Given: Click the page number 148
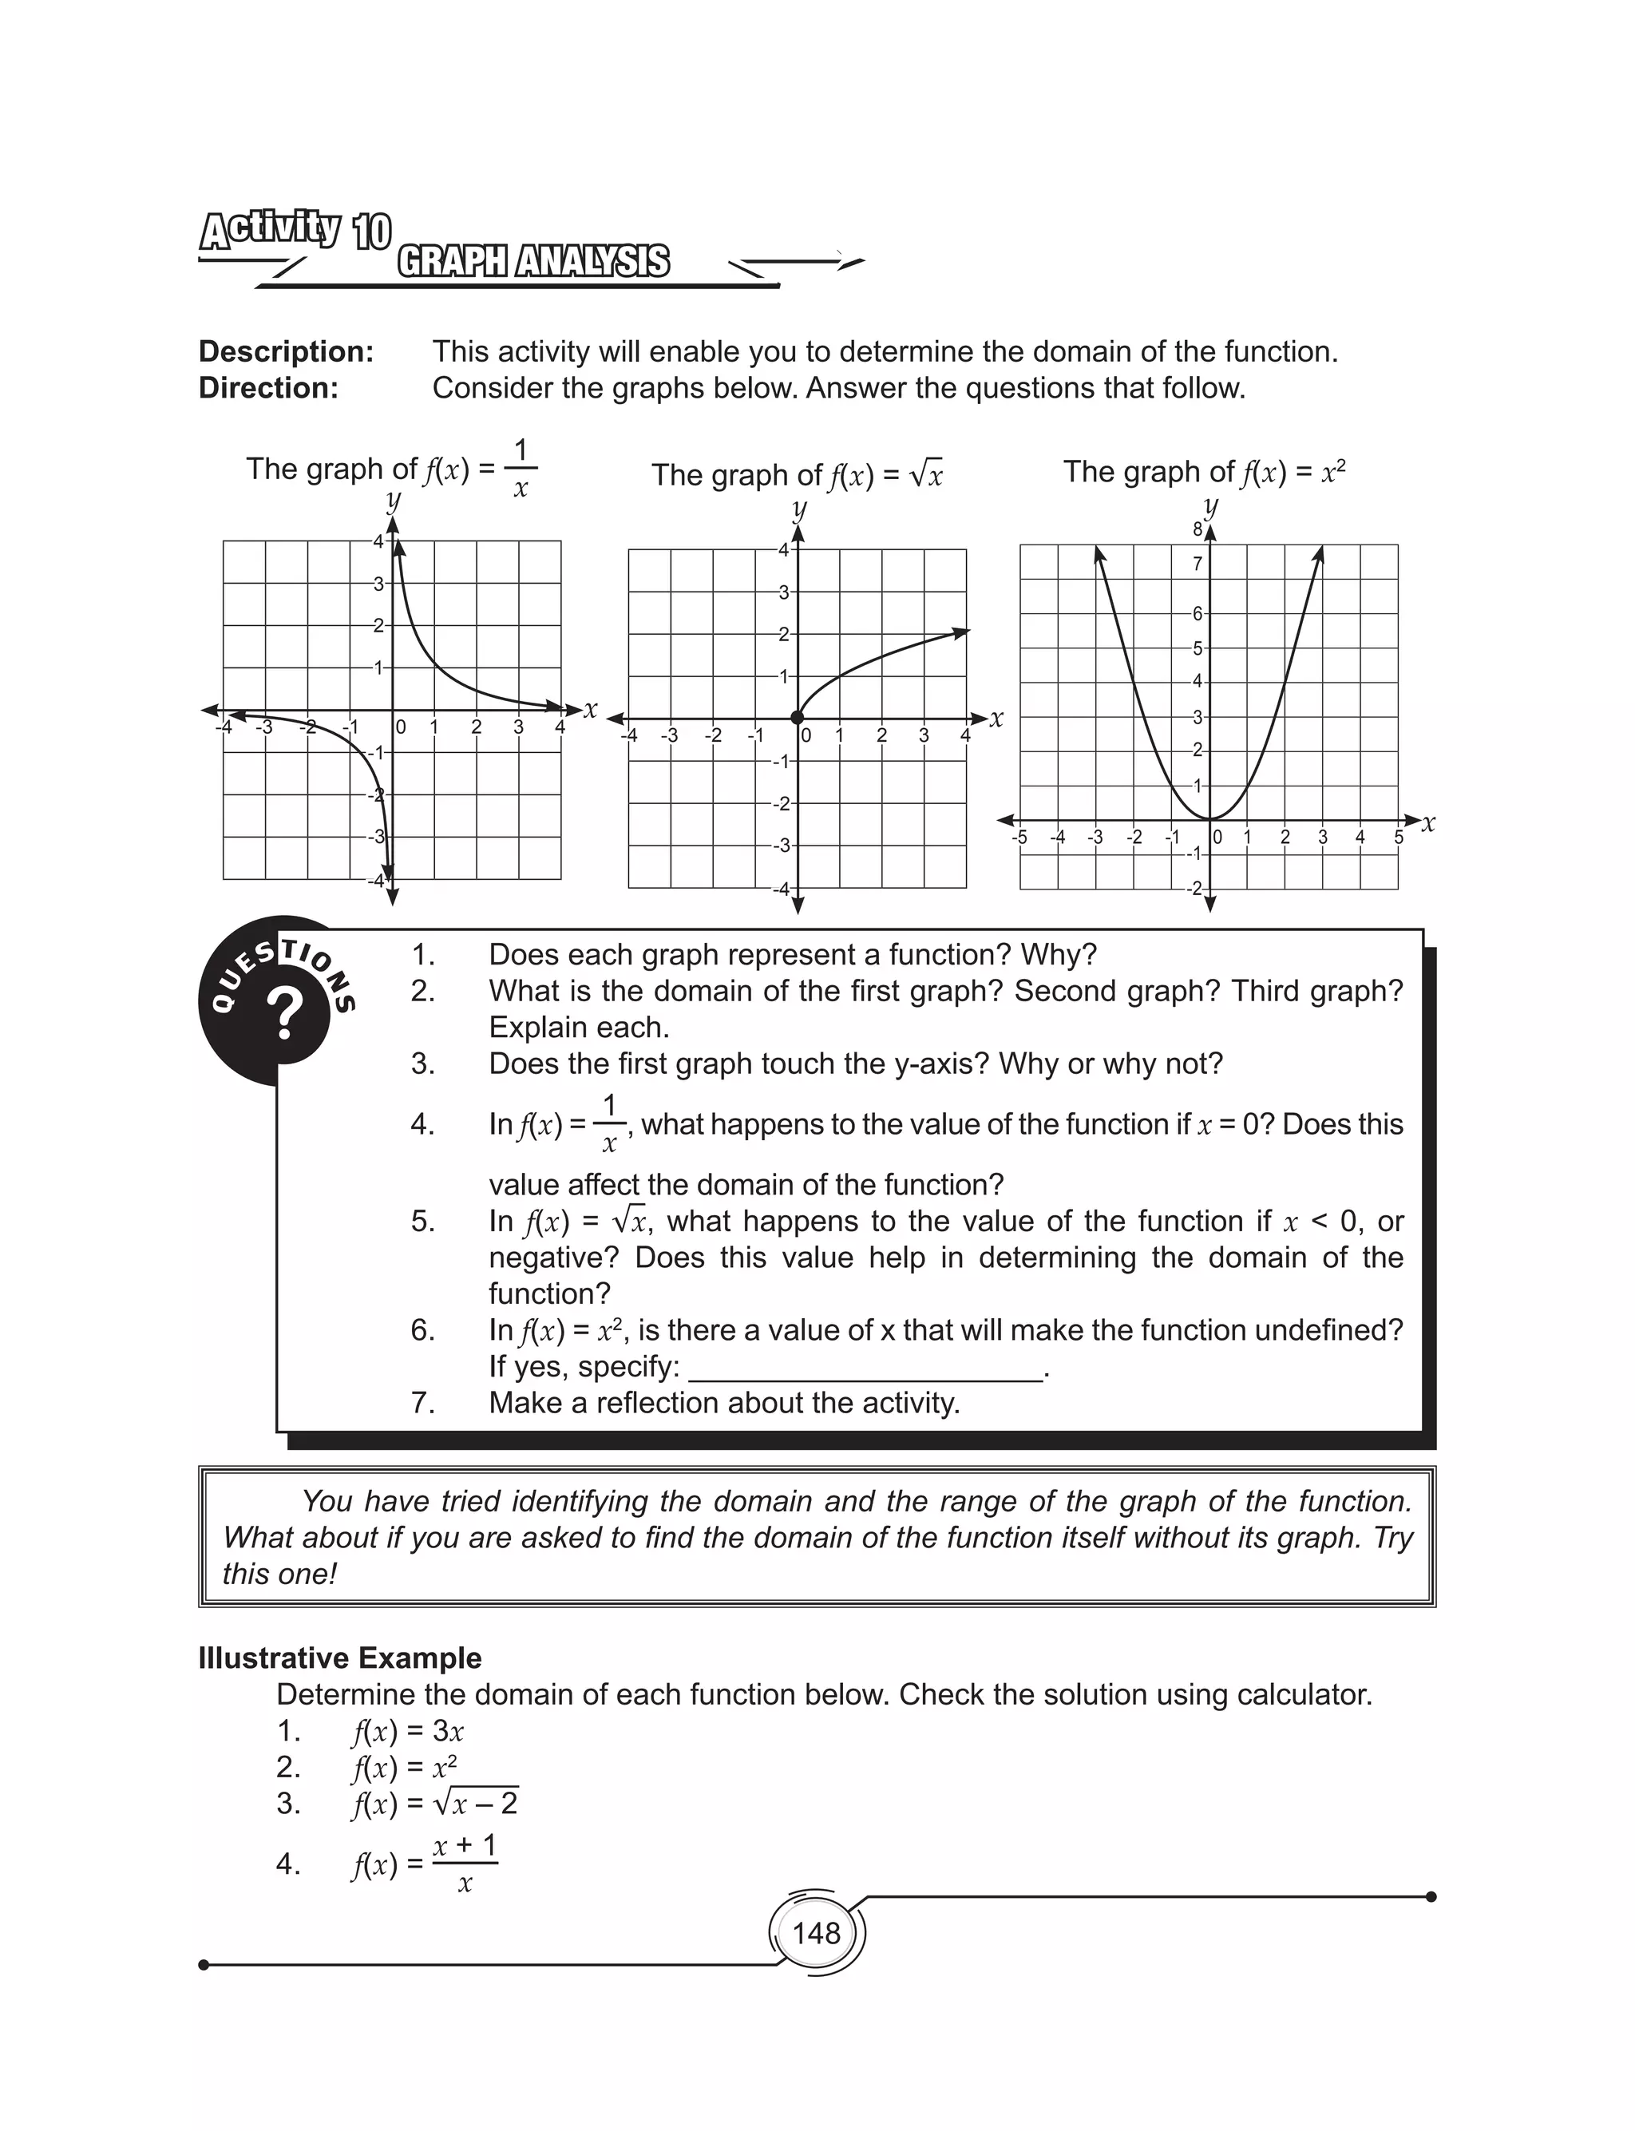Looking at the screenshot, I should [816, 1932].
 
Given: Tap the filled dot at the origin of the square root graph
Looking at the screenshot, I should [797, 718].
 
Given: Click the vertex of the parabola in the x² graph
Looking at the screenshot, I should [1209, 818].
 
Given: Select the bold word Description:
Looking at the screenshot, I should [286, 351].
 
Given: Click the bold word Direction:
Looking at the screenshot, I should [268, 388].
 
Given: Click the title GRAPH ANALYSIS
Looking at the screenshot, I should [533, 262].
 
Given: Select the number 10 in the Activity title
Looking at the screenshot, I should [372, 232].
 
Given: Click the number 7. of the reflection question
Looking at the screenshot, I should [422, 1403].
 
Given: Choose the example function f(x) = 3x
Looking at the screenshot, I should [407, 1731].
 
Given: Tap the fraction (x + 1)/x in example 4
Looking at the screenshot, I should [465, 1864].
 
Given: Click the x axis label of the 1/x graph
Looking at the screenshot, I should [590, 709].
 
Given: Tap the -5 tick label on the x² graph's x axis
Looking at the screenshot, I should [1019, 838].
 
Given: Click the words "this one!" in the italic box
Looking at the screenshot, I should [279, 1574].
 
